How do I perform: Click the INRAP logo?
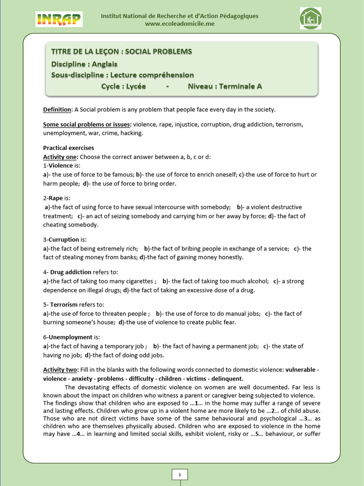pos(59,19)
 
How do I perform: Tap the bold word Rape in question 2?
pos(55,198)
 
